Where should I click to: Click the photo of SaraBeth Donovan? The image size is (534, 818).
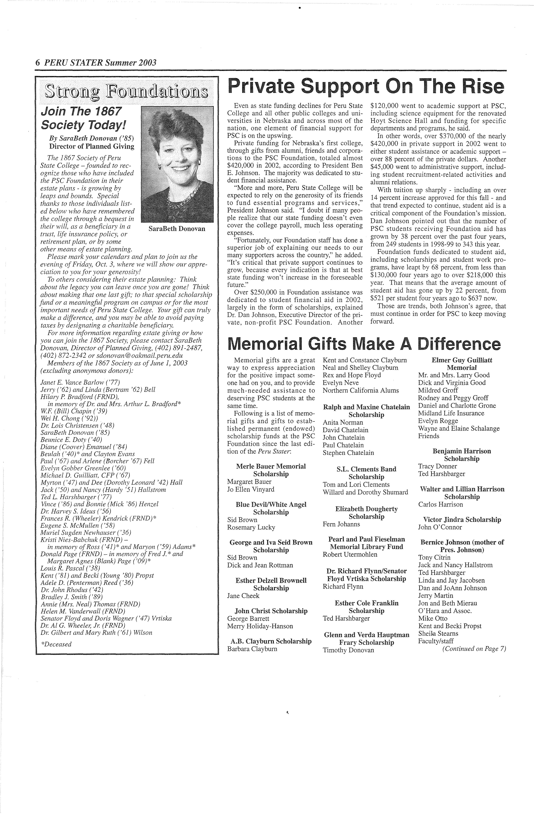pyautogui.click(x=177, y=164)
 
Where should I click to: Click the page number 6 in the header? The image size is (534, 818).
pyautogui.click(x=38, y=62)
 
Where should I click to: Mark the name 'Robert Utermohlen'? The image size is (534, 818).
pyautogui.click(x=350, y=554)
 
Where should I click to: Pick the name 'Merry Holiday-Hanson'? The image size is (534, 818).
pyautogui.click(x=260, y=626)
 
